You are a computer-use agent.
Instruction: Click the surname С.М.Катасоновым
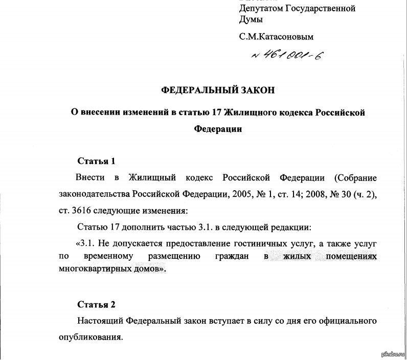tap(276, 37)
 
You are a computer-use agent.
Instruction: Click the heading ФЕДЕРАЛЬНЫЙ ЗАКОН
tap(218, 90)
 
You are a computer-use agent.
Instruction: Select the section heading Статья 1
tap(96, 161)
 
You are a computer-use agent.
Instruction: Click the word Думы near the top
tap(251, 19)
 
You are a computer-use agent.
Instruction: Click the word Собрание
tap(356, 177)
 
